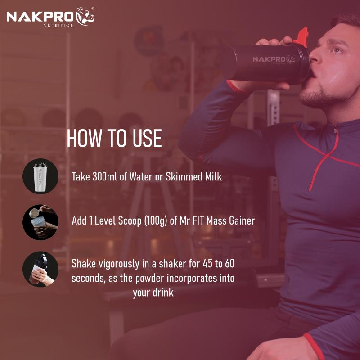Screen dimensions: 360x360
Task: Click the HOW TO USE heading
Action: click(114, 139)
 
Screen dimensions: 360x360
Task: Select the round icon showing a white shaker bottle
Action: click(40, 176)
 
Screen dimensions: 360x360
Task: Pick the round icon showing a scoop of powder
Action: click(40, 222)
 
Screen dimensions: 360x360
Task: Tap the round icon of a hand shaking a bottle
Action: click(40, 269)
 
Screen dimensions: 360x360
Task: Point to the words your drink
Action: click(153, 292)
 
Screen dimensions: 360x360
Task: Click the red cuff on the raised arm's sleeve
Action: click(234, 85)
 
